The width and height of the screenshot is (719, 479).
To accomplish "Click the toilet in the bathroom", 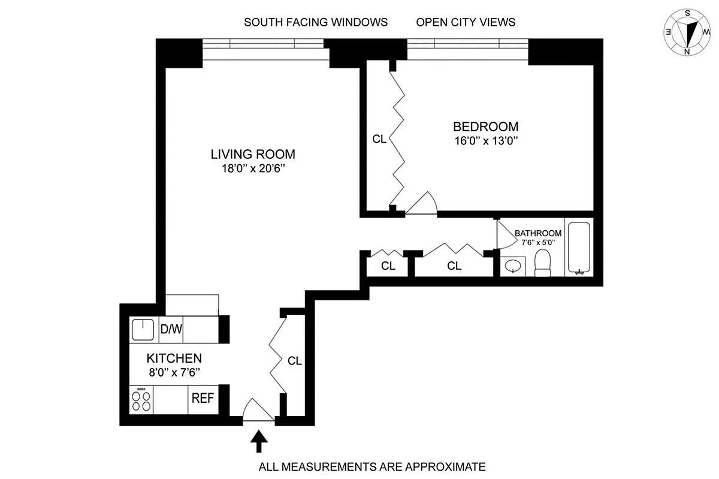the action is pos(542,263).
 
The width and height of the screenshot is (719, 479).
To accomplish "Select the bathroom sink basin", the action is pos(513,266).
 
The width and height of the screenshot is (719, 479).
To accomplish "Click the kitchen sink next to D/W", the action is pos(143,329).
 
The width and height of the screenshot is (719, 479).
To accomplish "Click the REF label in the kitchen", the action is pos(203,398).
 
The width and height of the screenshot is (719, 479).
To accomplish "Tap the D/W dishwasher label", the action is pos(171,329).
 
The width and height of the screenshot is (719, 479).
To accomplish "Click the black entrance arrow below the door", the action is pos(259,441).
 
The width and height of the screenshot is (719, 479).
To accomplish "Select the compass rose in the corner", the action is pos(687,32).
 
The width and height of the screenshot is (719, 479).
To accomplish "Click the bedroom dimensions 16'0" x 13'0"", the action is pos(487,141).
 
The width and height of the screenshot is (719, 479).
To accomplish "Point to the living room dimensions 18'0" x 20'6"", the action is pos(253,168).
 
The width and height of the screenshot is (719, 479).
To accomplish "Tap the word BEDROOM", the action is pos(486,126).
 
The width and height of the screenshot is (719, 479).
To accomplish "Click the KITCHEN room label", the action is pos(174,359).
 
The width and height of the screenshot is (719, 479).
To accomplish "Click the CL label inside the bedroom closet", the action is pos(379,139).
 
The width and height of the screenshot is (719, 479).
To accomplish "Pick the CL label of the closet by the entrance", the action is pos(294,361).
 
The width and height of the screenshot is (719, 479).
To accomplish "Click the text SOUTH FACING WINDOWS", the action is pos(316,22).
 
